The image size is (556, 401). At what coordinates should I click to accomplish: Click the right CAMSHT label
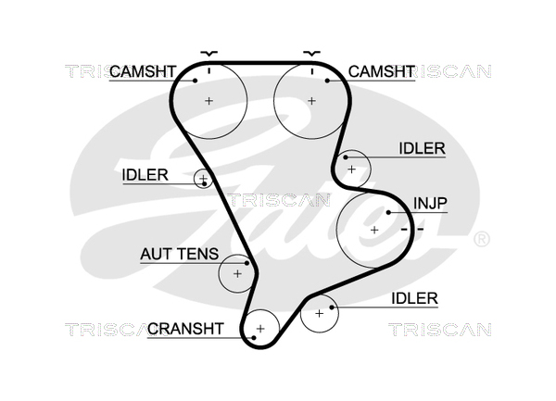pos(380,71)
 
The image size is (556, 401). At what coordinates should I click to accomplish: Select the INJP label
pos(428,203)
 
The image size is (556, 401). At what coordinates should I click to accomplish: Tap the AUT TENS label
pos(179,253)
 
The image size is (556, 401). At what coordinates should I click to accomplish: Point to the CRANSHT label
pos(185,328)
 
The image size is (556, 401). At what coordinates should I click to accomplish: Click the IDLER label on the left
pos(145,174)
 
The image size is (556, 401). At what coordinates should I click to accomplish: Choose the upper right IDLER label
pos(423,148)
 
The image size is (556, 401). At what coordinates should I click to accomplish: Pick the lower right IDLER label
pos(414,297)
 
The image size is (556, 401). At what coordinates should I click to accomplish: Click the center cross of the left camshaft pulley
pos(209,100)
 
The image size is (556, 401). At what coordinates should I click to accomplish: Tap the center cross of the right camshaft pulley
pos(312,100)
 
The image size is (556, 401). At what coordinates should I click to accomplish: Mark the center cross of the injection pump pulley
pos(374,229)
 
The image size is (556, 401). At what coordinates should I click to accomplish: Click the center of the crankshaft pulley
pos(260,328)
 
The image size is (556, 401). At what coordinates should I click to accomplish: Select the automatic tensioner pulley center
pos(237,273)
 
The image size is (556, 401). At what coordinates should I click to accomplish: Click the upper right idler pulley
pos(351,169)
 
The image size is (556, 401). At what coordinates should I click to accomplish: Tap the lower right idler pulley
pos(320,313)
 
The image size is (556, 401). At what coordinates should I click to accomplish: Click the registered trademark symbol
pos(482,241)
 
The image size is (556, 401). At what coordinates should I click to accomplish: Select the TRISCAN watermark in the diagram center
pos(279,199)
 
